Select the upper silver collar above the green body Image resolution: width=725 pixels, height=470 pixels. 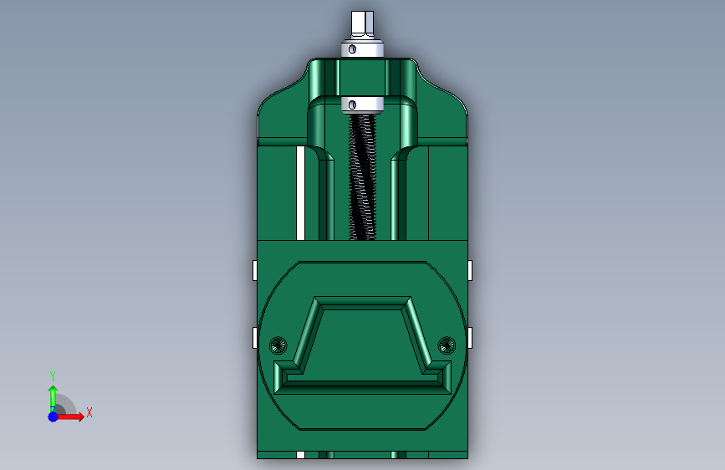pyautogui.click(x=362, y=49)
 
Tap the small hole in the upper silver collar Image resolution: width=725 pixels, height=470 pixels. pyautogui.click(x=353, y=49)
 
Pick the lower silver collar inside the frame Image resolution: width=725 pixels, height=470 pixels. pyautogui.click(x=362, y=105)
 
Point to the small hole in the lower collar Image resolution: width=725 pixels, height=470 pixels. pyautogui.click(x=353, y=105)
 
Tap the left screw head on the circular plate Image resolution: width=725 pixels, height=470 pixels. pyautogui.click(x=279, y=344)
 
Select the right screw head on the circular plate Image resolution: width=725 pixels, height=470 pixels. pyautogui.click(x=447, y=344)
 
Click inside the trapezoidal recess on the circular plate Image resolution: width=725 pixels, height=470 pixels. pyautogui.click(x=362, y=343)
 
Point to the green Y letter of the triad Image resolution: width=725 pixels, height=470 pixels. pyautogui.click(x=53, y=375)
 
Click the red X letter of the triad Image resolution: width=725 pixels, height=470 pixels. pyautogui.click(x=89, y=412)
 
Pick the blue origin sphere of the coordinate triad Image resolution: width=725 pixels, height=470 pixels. pyautogui.click(x=53, y=416)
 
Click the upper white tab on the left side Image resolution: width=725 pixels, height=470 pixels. pyautogui.click(x=253, y=270)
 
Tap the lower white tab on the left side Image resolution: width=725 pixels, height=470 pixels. pyautogui.click(x=253, y=337)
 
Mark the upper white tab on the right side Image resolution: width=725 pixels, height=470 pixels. pyautogui.click(x=471, y=270)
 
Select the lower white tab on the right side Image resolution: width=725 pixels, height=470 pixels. pyautogui.click(x=471, y=337)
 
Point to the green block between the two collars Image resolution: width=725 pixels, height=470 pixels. pyautogui.click(x=361, y=77)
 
